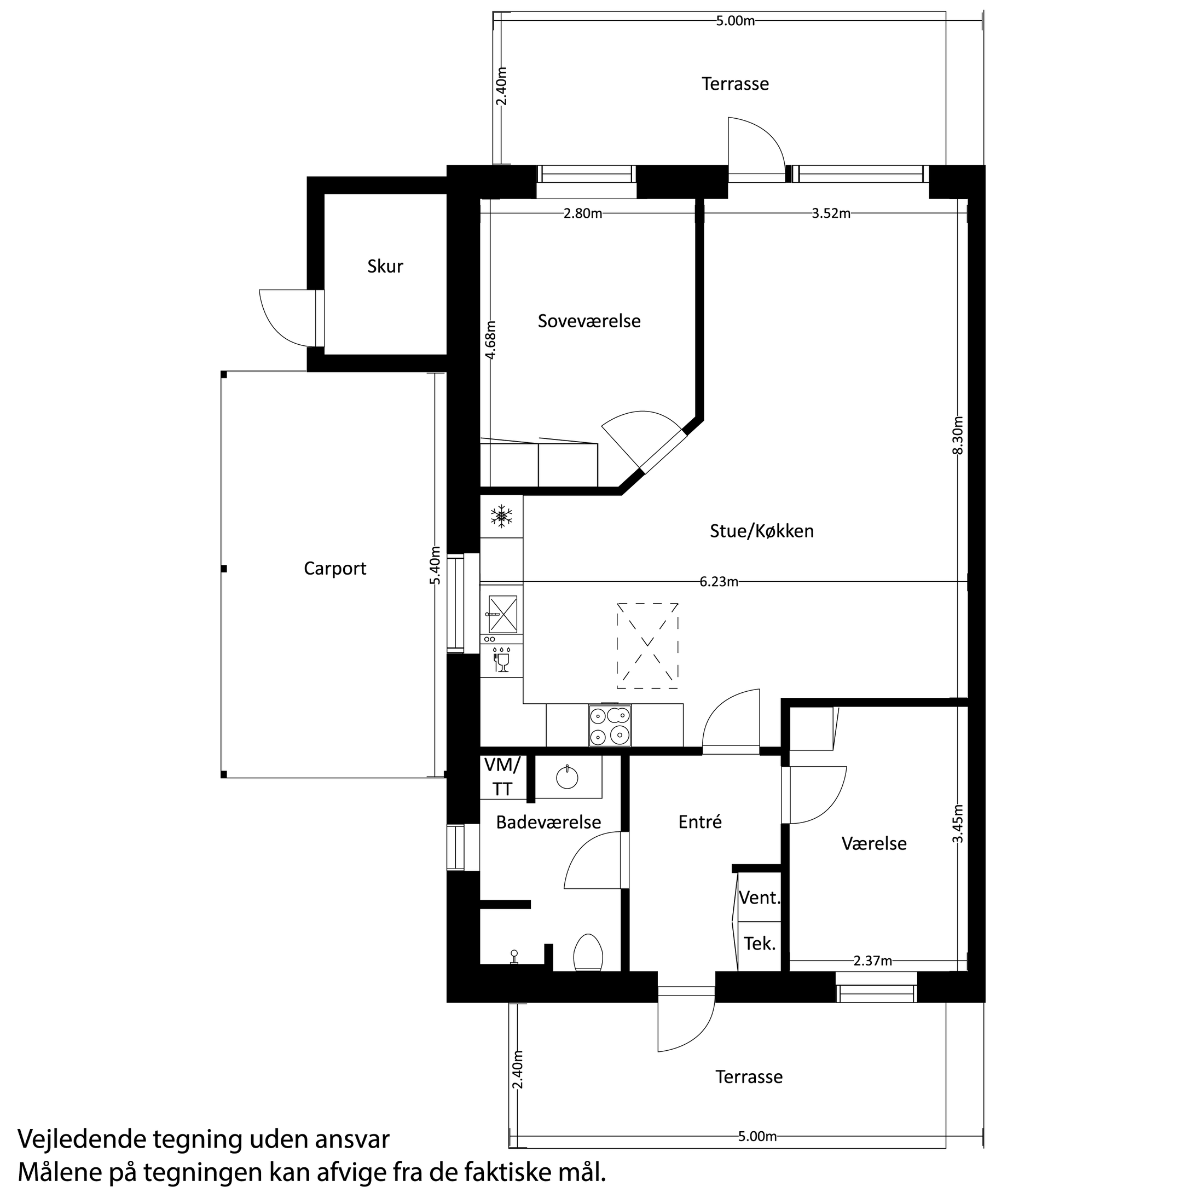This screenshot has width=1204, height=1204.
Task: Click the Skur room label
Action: tap(385, 267)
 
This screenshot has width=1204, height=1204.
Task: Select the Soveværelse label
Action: tap(589, 321)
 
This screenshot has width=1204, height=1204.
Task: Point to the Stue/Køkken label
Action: tap(762, 531)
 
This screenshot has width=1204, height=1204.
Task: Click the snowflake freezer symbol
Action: tap(502, 517)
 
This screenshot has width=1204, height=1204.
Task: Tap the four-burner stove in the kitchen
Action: tap(610, 726)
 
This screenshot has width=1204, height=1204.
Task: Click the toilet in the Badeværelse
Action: tap(588, 952)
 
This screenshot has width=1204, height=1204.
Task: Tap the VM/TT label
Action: tap(502, 777)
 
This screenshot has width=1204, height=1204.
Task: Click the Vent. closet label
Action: tap(760, 898)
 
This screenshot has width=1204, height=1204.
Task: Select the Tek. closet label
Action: tap(760, 943)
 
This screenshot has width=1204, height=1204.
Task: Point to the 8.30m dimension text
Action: tap(958, 435)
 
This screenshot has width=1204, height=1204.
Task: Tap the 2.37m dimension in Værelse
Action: tap(872, 961)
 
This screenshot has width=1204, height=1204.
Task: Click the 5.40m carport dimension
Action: tap(436, 565)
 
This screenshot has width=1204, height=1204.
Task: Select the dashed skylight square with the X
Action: tap(647, 646)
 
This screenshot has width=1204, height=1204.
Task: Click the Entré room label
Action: tap(700, 822)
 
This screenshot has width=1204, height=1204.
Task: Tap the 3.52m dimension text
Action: tap(831, 214)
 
